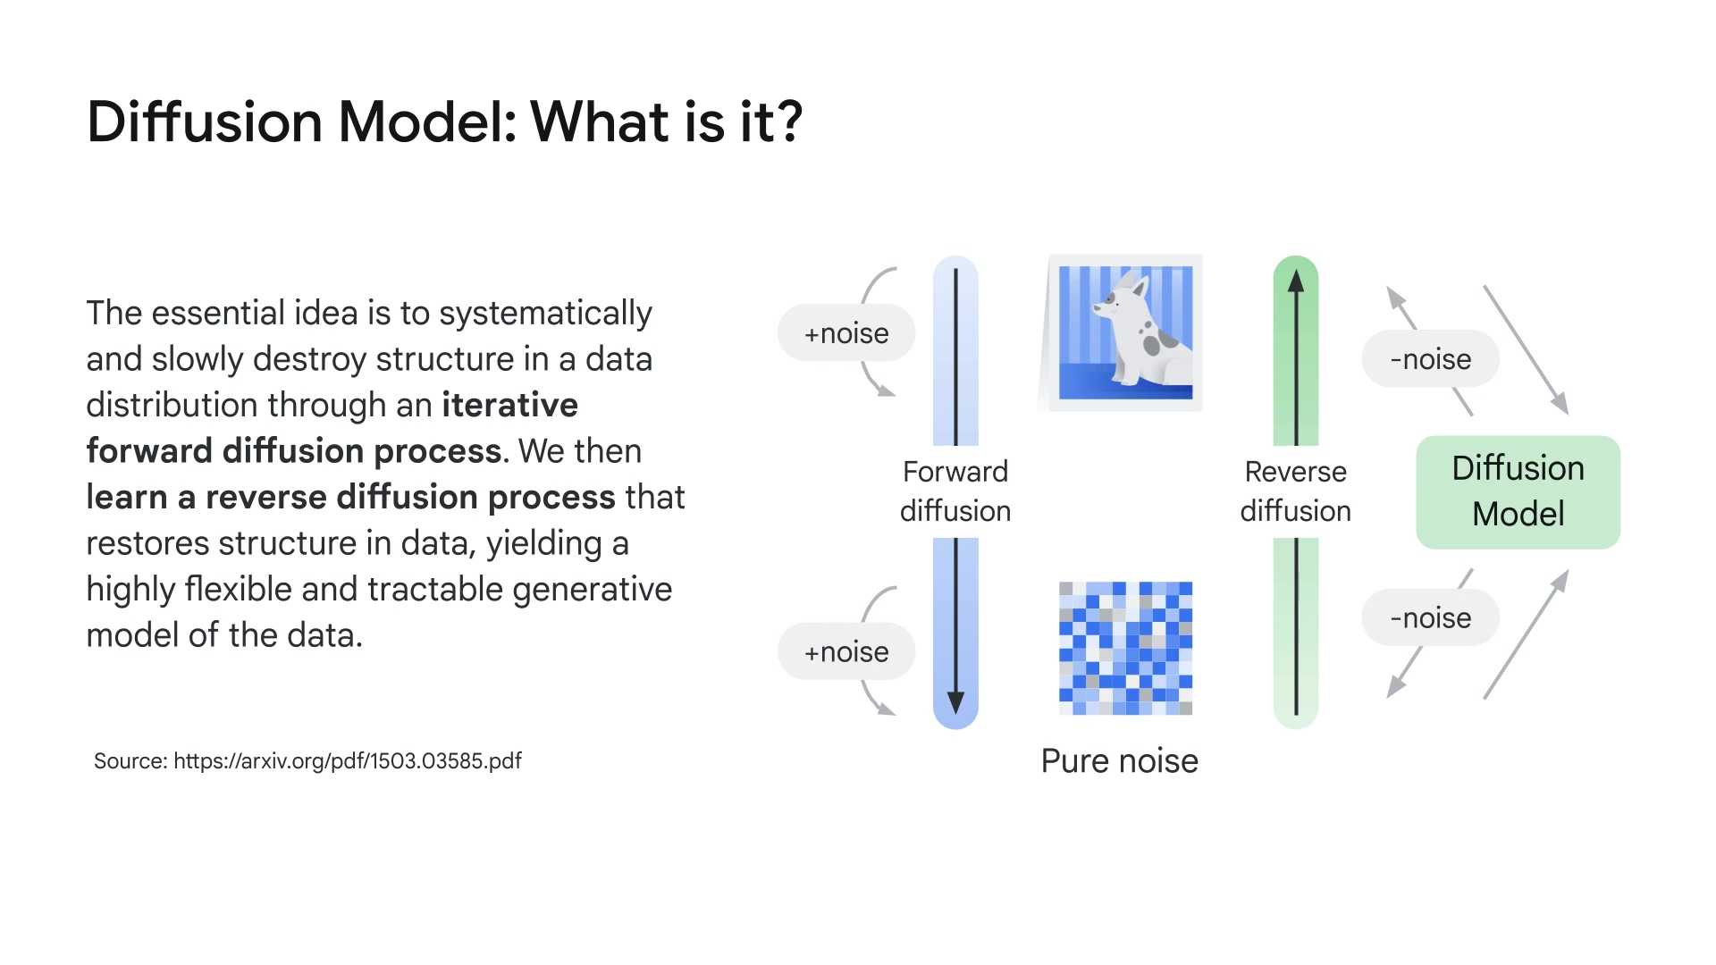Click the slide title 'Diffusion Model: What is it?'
(444, 122)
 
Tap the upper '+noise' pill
(845, 333)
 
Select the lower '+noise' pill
(845, 651)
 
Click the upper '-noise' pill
(1430, 359)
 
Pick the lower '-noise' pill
(1430, 617)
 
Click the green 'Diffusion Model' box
(1518, 491)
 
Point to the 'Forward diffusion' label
(955, 491)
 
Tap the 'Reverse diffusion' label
(1295, 491)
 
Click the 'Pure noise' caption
(1119, 761)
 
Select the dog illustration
(1124, 332)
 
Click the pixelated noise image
(1125, 648)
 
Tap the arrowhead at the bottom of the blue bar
(955, 702)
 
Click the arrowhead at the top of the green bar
(1296, 281)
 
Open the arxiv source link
(348, 761)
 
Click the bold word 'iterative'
(509, 405)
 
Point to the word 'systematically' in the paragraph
(545, 314)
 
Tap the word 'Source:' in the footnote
(130, 761)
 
